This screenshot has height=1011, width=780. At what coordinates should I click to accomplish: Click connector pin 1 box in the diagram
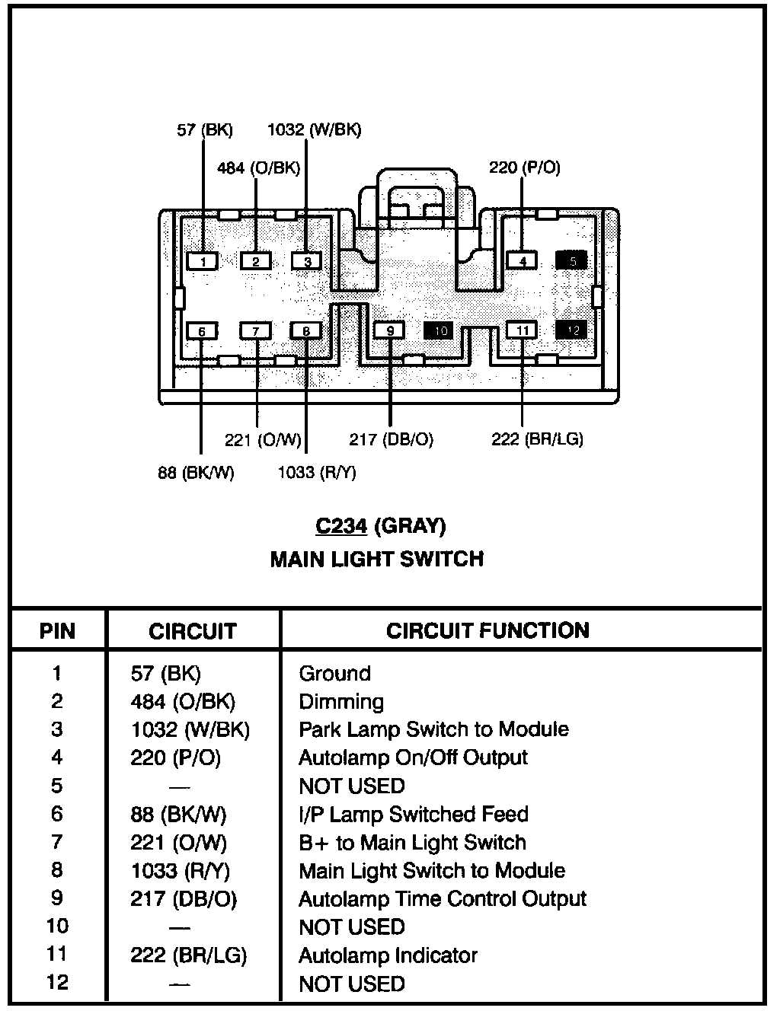point(203,262)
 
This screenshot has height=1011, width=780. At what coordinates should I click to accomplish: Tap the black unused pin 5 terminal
point(572,261)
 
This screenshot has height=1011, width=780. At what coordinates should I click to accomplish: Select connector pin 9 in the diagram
point(390,330)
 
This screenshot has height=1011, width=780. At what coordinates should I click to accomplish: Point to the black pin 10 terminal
point(440,330)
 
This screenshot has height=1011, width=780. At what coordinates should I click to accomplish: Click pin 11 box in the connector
point(523,330)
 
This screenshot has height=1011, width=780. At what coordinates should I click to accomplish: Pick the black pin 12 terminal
point(572,330)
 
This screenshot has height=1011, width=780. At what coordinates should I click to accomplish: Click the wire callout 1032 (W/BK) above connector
point(314,130)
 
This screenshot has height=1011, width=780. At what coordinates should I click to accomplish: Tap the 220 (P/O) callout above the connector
point(524,167)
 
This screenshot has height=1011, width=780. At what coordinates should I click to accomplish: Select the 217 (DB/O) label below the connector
point(391,439)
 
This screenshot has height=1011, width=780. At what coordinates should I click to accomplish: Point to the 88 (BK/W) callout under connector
point(196,473)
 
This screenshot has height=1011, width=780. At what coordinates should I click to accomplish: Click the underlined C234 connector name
point(341,526)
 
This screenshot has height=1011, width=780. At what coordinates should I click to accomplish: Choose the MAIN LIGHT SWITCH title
point(377,560)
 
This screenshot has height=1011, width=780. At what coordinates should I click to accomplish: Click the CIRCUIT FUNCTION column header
point(487,630)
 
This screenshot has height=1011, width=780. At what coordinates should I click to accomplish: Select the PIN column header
point(58,631)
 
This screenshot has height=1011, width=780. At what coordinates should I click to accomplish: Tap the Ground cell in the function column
point(334,674)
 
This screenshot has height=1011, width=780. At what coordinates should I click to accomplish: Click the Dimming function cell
point(340,702)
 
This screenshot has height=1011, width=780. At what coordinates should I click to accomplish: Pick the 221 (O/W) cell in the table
point(178,843)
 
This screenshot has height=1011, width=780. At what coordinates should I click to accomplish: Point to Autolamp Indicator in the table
point(388,955)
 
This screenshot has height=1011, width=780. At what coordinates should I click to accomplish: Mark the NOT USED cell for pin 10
point(351,927)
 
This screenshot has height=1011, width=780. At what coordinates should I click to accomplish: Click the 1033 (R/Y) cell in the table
point(180,871)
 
